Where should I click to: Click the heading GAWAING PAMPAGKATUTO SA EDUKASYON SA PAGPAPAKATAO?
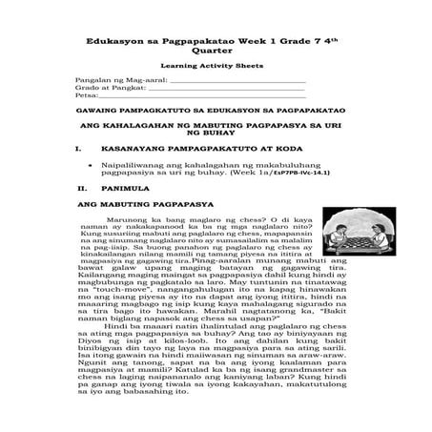[216, 119]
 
